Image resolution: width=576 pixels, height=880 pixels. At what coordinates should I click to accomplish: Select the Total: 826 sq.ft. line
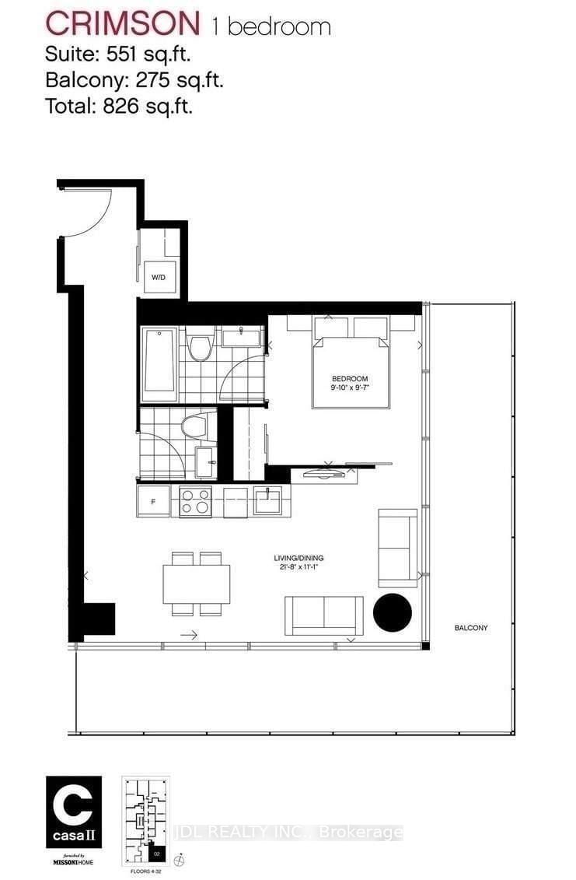(118, 105)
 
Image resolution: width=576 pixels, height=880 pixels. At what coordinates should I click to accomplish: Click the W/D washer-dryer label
(159, 276)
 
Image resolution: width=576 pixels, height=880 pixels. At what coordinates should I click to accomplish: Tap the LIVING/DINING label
(298, 558)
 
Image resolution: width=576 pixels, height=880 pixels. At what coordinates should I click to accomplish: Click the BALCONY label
(472, 627)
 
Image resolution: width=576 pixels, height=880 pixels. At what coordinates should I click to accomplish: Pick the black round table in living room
(393, 612)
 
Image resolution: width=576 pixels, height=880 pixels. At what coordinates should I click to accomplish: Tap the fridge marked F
(153, 501)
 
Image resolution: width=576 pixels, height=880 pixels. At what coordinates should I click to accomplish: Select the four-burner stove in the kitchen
(195, 501)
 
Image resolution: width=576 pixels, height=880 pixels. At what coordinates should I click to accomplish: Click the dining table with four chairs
(196, 584)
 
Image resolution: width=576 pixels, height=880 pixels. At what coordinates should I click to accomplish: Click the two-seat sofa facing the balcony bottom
(323, 617)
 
